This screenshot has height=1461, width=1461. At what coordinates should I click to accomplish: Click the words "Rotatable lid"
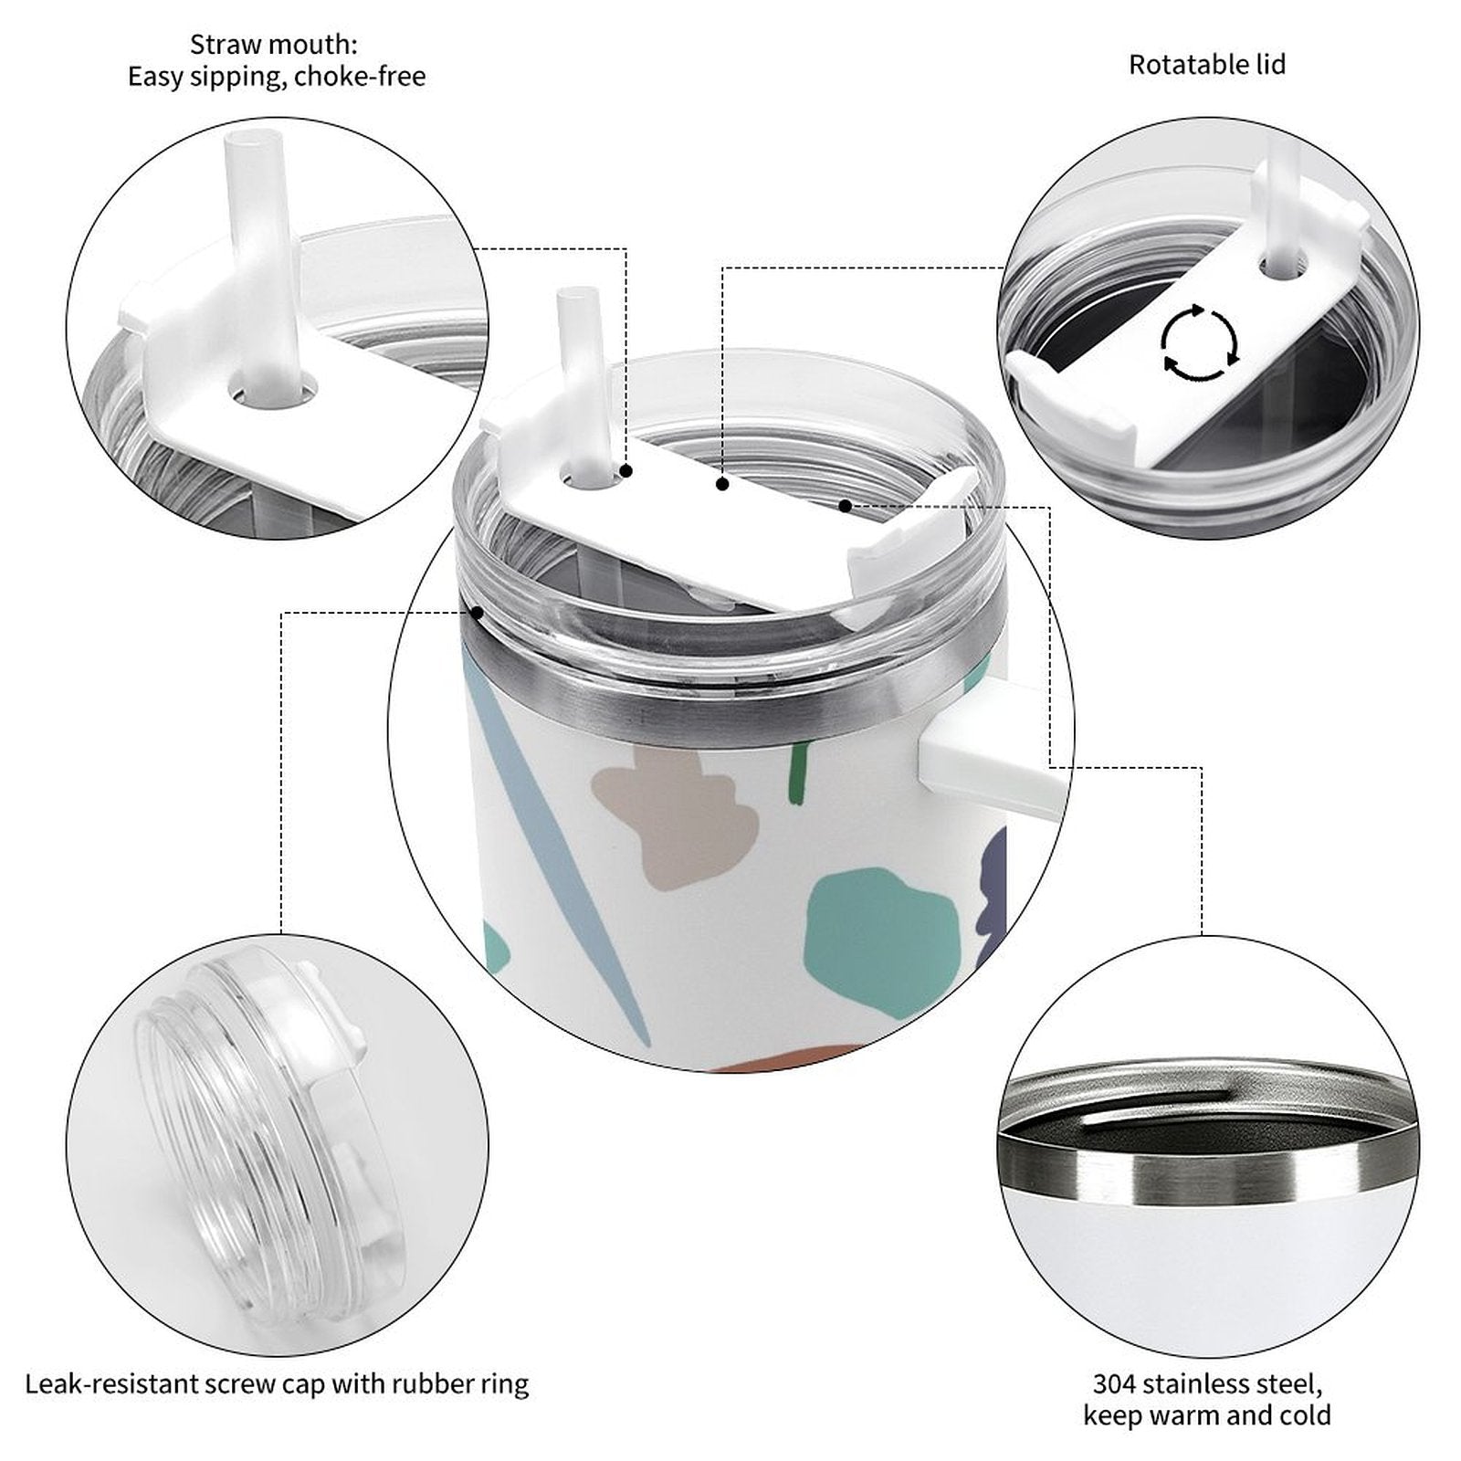(1207, 65)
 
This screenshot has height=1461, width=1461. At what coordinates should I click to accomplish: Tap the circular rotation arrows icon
(1200, 343)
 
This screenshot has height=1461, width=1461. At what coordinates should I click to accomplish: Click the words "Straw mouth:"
(274, 44)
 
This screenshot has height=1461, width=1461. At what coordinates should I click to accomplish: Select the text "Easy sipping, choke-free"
(277, 76)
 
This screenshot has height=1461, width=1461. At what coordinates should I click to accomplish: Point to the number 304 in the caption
(1114, 1384)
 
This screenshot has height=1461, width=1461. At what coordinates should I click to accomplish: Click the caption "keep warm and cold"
(1207, 1415)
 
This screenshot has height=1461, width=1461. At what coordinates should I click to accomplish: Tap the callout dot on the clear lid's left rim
(477, 613)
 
